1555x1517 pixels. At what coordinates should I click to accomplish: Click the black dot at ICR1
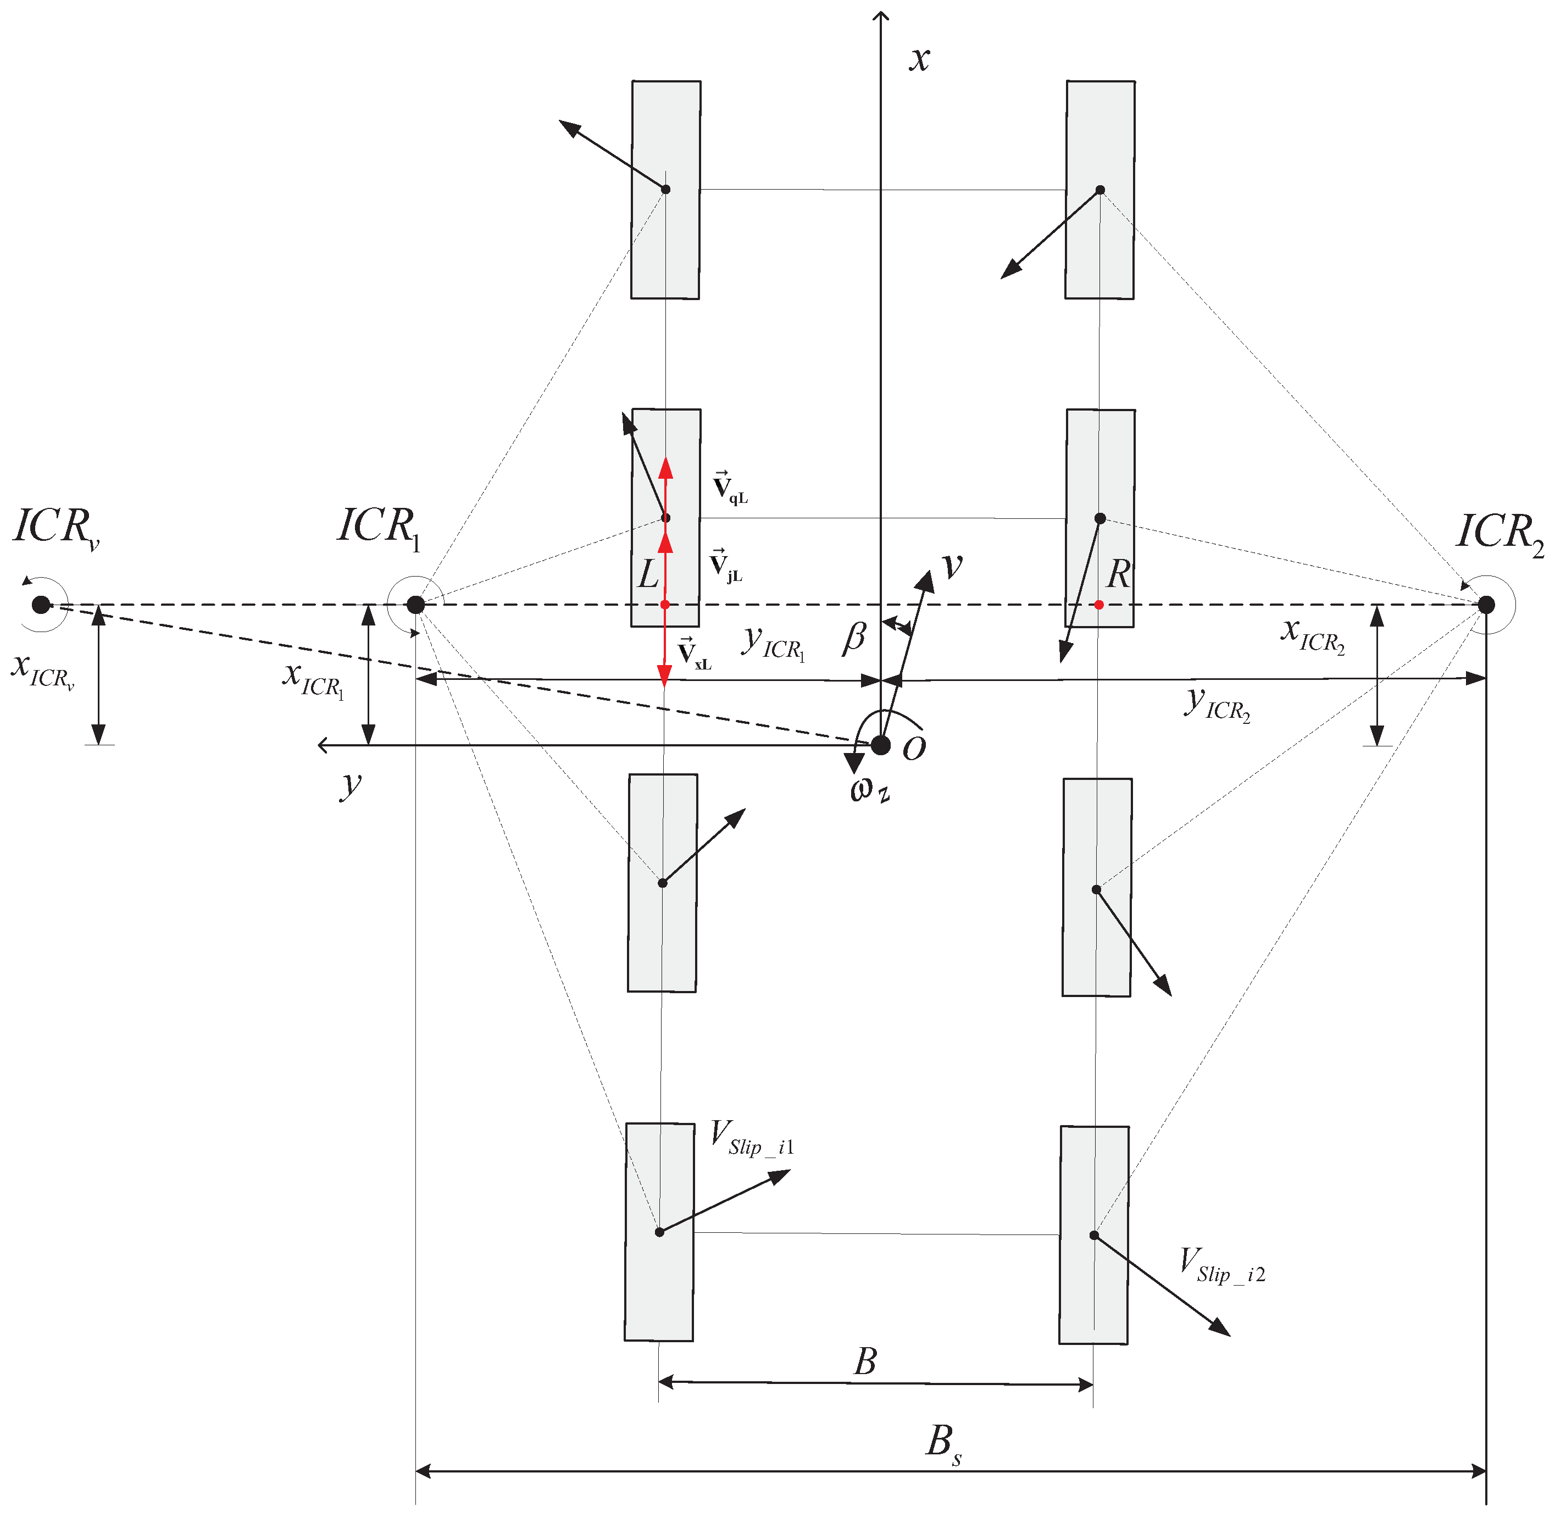coord(415,605)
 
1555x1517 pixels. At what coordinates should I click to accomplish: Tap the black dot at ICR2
coord(1486,605)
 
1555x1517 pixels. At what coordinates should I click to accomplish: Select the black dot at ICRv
coord(41,605)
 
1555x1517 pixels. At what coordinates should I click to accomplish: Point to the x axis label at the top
coord(919,59)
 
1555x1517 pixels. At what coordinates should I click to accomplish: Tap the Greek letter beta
coord(854,638)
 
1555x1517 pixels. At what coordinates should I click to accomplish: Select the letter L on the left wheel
coord(648,574)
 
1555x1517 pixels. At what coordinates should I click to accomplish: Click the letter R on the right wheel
coord(1119,574)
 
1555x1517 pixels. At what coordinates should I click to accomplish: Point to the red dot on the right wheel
coord(1098,605)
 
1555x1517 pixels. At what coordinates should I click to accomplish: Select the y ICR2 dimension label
coord(1217,704)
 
